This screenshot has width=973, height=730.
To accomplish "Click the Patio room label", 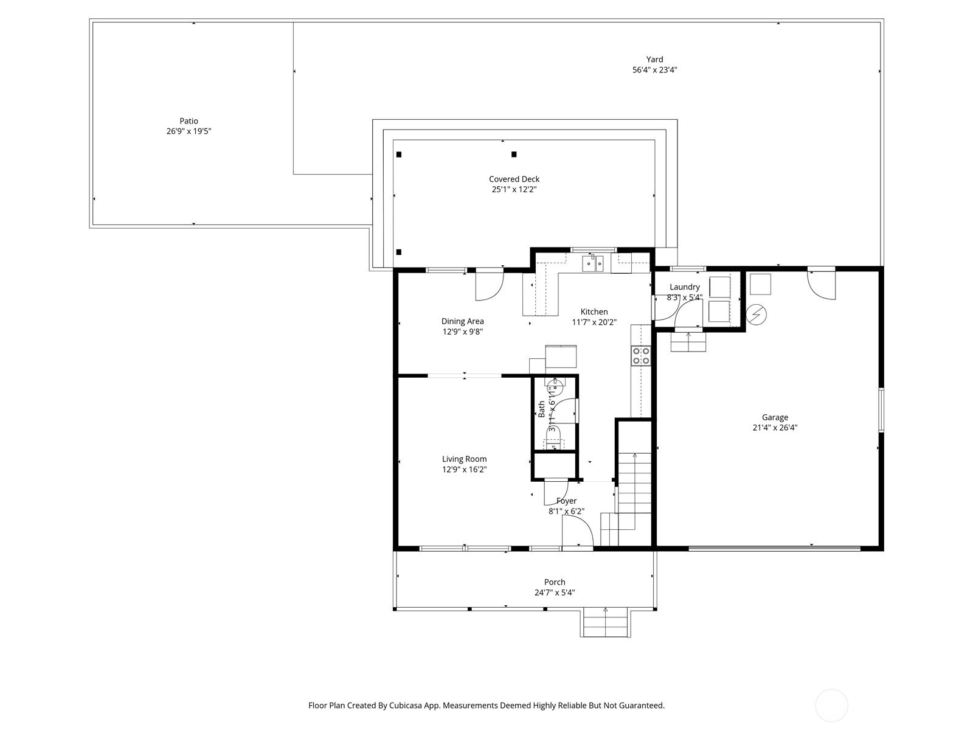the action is click(x=189, y=121).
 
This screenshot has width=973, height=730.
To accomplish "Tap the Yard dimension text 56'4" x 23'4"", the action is click(x=654, y=70).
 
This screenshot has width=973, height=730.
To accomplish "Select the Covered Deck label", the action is click(x=514, y=179).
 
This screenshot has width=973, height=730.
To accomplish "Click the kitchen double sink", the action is click(x=593, y=263).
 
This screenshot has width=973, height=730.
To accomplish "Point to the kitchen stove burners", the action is click(x=641, y=355).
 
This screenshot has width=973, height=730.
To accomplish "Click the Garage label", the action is click(x=775, y=417).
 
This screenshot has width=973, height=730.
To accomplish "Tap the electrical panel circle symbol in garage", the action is click(x=757, y=315).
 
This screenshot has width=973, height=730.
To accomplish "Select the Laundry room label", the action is click(x=684, y=287).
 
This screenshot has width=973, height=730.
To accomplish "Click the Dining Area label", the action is click(x=462, y=321).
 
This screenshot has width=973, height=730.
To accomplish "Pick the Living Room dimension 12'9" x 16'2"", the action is click(x=464, y=470).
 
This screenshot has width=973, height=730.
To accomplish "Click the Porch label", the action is click(x=555, y=582).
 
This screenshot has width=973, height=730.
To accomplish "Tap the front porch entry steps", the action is click(x=606, y=623).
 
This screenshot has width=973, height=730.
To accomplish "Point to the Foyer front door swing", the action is click(x=578, y=534).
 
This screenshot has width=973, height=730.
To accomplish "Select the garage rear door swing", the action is click(x=822, y=285).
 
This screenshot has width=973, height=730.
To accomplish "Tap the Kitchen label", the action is click(x=594, y=312).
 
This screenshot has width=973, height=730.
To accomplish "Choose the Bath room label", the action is click(x=541, y=409).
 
